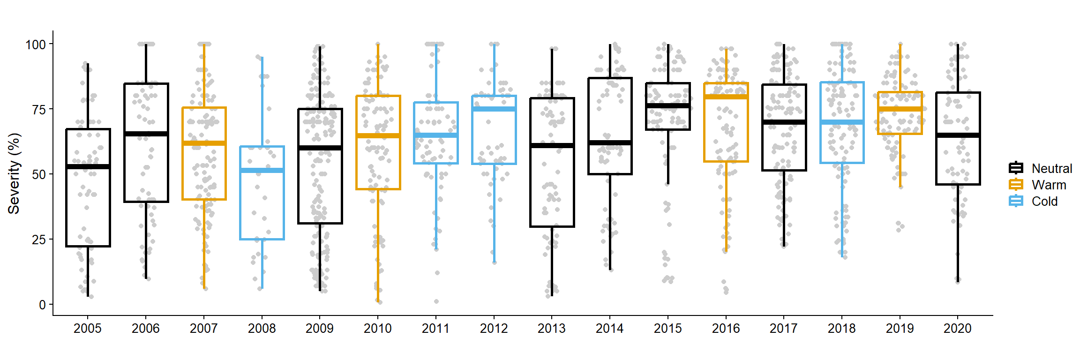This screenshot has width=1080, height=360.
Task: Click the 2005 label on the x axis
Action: (x=88, y=328)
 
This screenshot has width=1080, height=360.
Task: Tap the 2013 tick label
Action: (x=552, y=328)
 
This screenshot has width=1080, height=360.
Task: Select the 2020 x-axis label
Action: (x=958, y=328)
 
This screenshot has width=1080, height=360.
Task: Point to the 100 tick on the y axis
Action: (x=36, y=45)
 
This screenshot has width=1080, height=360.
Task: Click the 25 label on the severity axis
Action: (x=39, y=240)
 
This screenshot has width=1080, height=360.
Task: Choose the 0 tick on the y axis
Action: (x=43, y=305)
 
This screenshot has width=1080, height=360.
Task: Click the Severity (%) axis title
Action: (x=14, y=173)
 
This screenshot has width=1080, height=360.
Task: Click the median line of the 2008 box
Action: (x=262, y=170)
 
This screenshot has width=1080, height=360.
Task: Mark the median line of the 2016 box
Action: (x=726, y=97)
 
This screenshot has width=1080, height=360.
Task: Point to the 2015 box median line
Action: (x=668, y=106)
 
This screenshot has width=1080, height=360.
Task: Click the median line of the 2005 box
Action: (x=88, y=166)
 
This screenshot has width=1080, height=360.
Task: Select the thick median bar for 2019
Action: (x=900, y=109)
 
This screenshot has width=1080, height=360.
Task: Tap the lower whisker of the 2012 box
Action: (x=494, y=213)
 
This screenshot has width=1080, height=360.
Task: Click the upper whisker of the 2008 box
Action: (x=262, y=101)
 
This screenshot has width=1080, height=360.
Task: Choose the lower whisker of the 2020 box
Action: (x=958, y=232)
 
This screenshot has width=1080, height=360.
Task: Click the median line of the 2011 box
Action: (x=436, y=135)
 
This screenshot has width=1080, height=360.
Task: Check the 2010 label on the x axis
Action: (x=378, y=328)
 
